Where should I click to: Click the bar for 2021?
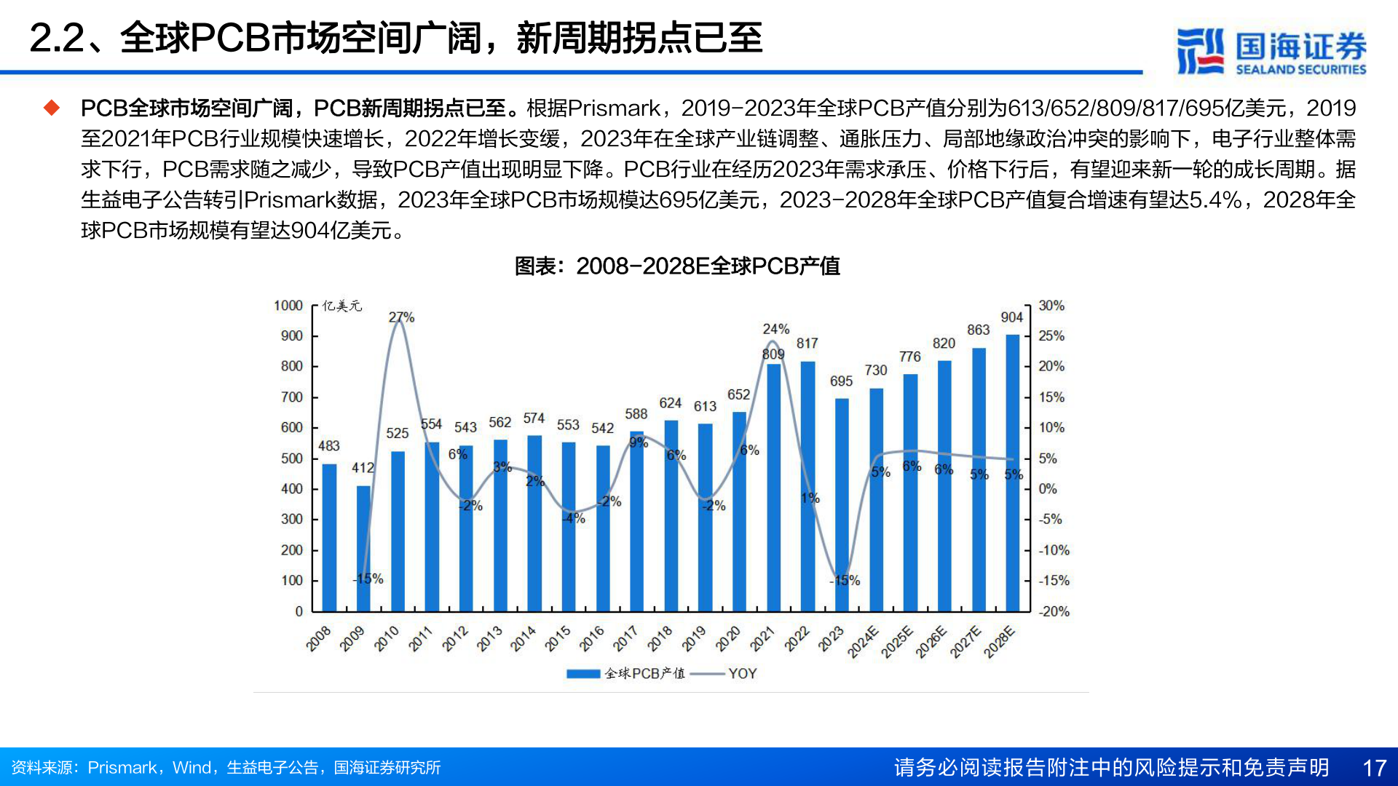point(773,488)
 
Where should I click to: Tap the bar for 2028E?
point(1012,473)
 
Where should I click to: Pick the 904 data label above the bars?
point(1011,317)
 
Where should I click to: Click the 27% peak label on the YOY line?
point(401,317)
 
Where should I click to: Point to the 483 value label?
point(329,445)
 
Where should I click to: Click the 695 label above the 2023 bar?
point(841,381)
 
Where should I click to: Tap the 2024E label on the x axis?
point(863,642)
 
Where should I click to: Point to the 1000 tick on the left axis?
point(288,306)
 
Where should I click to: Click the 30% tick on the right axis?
point(1051,306)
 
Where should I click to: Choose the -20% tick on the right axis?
point(1054,611)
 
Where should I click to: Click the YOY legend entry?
point(742,674)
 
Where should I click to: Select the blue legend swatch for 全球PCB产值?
point(583,674)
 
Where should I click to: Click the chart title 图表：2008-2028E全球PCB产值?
point(677,266)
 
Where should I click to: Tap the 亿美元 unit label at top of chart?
point(341,306)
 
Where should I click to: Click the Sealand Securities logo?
point(1271,51)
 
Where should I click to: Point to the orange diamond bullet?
point(52,108)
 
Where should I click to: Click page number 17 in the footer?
point(1374,768)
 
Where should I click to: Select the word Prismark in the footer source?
point(122,768)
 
